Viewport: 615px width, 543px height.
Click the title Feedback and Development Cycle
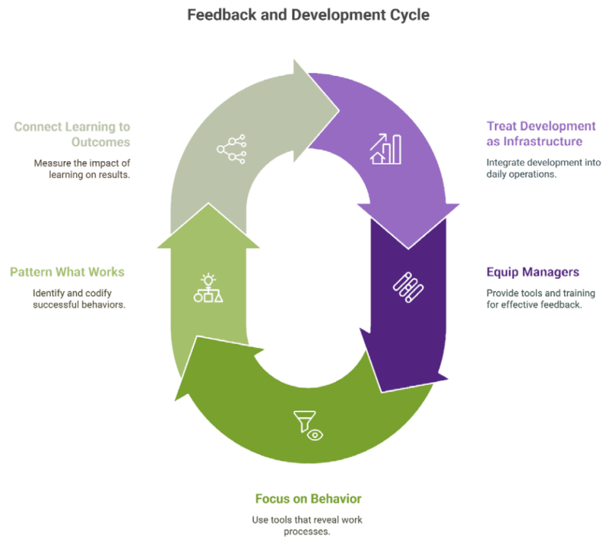pos(307,15)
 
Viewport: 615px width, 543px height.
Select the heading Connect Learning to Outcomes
pos(71,134)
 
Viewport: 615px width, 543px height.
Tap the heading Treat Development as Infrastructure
pos(540,134)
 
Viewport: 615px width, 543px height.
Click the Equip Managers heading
pos(533,272)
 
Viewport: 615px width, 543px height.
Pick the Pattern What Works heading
pos(67,272)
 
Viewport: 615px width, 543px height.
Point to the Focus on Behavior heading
pos(307,498)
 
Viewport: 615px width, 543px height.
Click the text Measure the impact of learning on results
pos(81,170)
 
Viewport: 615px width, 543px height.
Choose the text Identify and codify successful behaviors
pos(78,300)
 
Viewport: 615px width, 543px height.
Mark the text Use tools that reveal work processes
pos(307,526)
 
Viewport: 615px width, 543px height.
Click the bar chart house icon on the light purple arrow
pos(386,148)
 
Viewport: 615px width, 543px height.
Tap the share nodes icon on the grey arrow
pos(231,148)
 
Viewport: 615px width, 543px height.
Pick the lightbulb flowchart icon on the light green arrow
pos(208,288)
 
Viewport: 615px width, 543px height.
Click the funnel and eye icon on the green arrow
pos(307,425)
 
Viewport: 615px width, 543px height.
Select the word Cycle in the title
pos(408,15)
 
